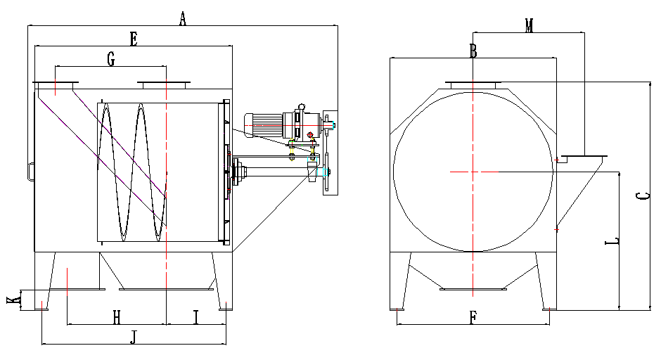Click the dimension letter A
(182, 18)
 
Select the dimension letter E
(134, 39)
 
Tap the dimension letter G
(111, 59)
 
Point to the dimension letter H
(117, 317)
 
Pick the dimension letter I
(195, 317)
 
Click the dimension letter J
(134, 337)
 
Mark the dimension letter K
(14, 300)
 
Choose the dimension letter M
(529, 25)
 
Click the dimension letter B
(473, 51)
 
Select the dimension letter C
(643, 195)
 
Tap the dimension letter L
(612, 241)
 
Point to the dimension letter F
(473, 317)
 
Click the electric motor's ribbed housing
(264, 124)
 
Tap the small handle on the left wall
(29, 172)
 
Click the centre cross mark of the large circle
(473, 172)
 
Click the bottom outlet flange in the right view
(473, 289)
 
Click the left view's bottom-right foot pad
(226, 309)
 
